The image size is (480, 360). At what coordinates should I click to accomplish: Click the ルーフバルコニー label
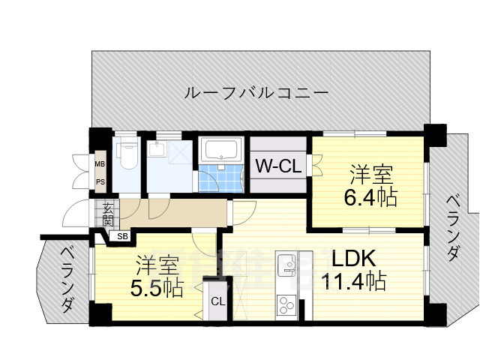(x=256, y=94)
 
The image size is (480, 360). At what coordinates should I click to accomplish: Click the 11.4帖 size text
(x=353, y=282)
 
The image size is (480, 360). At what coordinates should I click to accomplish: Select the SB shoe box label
(x=121, y=237)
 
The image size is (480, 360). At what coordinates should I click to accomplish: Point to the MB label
(x=100, y=163)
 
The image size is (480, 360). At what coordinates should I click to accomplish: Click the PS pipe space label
(x=100, y=181)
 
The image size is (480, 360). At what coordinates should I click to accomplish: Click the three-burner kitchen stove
(x=286, y=304)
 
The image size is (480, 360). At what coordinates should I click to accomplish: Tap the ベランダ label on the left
(x=67, y=280)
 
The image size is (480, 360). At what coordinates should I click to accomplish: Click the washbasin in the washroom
(x=158, y=148)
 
